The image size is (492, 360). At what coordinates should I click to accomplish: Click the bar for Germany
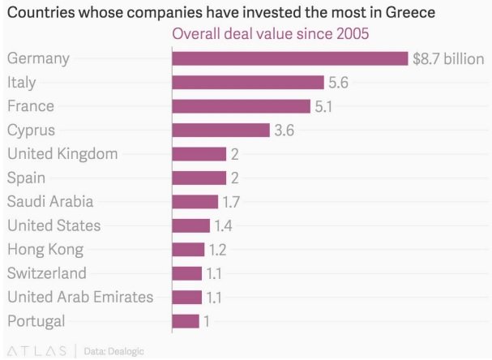[289, 58]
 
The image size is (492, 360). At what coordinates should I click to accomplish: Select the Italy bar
[248, 82]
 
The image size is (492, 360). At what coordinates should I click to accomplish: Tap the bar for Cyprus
[220, 130]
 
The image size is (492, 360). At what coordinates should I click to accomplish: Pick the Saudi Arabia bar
[195, 202]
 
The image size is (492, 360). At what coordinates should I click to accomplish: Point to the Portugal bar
[186, 321]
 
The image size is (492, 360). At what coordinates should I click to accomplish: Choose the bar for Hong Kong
[188, 249]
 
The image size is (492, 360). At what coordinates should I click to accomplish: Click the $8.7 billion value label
[448, 58]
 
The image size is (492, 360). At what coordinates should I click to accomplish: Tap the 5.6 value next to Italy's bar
[337, 82]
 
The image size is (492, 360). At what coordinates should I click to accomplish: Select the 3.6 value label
[284, 130]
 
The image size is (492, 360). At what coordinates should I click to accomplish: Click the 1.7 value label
[232, 202]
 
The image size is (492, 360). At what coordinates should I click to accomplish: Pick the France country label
[30, 106]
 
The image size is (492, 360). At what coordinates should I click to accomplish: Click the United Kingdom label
[62, 153]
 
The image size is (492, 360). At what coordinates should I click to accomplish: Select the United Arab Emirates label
[79, 297]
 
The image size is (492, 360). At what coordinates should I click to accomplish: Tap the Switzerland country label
[46, 273]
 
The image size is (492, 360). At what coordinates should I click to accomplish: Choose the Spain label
[26, 178]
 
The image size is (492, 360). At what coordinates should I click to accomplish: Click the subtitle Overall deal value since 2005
[269, 35]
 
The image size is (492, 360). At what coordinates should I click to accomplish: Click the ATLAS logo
[37, 350]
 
